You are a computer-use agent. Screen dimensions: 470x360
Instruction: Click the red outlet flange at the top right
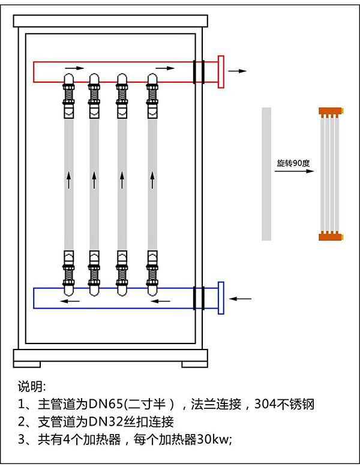click(x=221, y=71)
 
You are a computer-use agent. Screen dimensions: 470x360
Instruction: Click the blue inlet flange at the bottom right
click(x=221, y=297)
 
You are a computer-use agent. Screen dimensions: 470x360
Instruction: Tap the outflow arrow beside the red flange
click(x=238, y=71)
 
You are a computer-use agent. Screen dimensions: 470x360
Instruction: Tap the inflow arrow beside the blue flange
click(x=241, y=297)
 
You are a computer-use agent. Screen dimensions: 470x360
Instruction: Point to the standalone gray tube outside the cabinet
click(x=266, y=174)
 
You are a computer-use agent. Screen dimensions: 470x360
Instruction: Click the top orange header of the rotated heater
click(x=331, y=112)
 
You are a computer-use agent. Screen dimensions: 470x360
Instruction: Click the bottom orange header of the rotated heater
click(x=331, y=235)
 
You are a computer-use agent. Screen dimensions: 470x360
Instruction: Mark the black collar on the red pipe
click(x=199, y=71)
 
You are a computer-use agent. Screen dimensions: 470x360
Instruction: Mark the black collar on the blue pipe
click(x=199, y=297)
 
